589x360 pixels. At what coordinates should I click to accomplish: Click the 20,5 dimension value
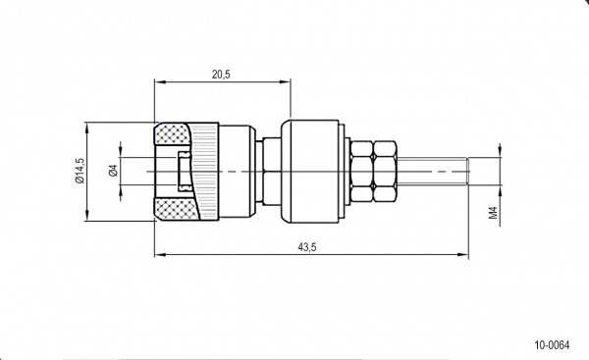coord(221,75)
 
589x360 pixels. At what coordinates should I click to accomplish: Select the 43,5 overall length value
coord(307,247)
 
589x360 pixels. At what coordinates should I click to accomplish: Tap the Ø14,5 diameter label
coord(80,171)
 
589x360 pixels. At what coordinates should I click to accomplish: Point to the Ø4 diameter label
coord(113,171)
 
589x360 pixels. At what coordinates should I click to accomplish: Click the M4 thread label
coord(493,213)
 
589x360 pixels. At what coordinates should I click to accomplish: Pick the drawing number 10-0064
coord(552,345)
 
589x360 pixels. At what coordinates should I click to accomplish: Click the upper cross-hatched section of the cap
coord(173,133)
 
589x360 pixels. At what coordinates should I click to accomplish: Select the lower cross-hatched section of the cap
coord(177,209)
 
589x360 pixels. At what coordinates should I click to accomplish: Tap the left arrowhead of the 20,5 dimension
coord(159,81)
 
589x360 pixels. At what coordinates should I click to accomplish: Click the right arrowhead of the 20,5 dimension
coord(286,81)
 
